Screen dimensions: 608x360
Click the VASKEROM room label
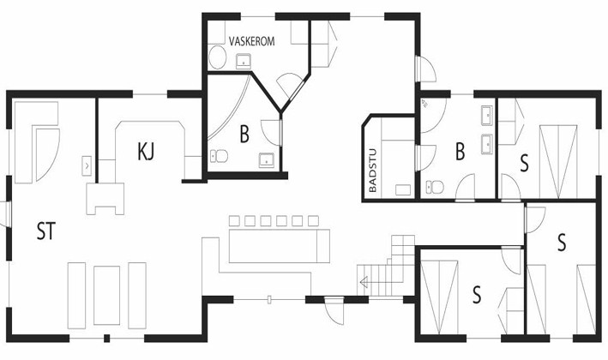[x=251, y=41]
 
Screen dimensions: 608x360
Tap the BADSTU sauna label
[x=373, y=171]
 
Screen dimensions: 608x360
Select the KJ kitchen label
[x=146, y=151]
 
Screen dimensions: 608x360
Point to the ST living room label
[x=46, y=231]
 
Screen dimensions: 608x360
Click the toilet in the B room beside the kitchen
[x=219, y=156]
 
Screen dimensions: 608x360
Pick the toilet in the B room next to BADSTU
[x=435, y=187]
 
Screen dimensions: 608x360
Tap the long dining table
[x=280, y=246]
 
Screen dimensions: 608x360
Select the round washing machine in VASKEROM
[x=217, y=57]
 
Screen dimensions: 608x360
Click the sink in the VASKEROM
[x=244, y=61]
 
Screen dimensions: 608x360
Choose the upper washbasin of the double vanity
[x=487, y=116]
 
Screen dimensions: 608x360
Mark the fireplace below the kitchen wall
[x=105, y=199]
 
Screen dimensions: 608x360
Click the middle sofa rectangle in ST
[x=106, y=295]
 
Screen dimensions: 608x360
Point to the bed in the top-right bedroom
[x=558, y=162]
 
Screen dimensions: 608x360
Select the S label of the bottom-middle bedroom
[x=477, y=295]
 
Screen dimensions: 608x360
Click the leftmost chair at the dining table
[x=234, y=221]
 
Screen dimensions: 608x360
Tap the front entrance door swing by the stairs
[x=334, y=310]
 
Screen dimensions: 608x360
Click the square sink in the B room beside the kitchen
[x=267, y=160]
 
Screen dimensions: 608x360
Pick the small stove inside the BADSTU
[x=402, y=190]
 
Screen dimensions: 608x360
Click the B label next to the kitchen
[x=244, y=135]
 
